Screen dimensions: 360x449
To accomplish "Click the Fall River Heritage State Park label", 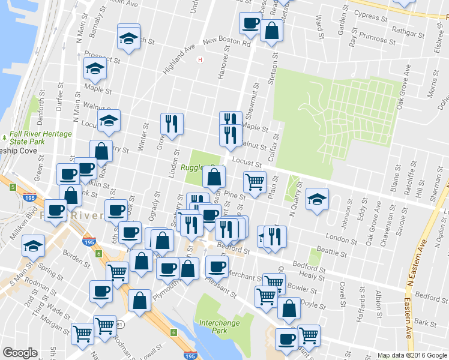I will coord(41,137).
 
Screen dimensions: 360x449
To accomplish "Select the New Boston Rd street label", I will coord(226,43).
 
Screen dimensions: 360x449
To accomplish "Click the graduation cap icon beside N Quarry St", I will coord(317,200).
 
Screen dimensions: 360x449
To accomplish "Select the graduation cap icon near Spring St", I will coord(33,245).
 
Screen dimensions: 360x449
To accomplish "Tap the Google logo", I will coord(20,353).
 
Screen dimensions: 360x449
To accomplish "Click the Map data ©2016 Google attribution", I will coord(412,355).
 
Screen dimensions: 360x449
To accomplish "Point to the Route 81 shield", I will coord(120,325).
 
